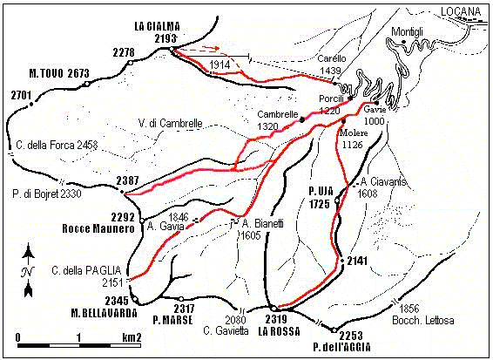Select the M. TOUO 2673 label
(x=59, y=73)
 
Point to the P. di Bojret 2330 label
(x=44, y=194)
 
